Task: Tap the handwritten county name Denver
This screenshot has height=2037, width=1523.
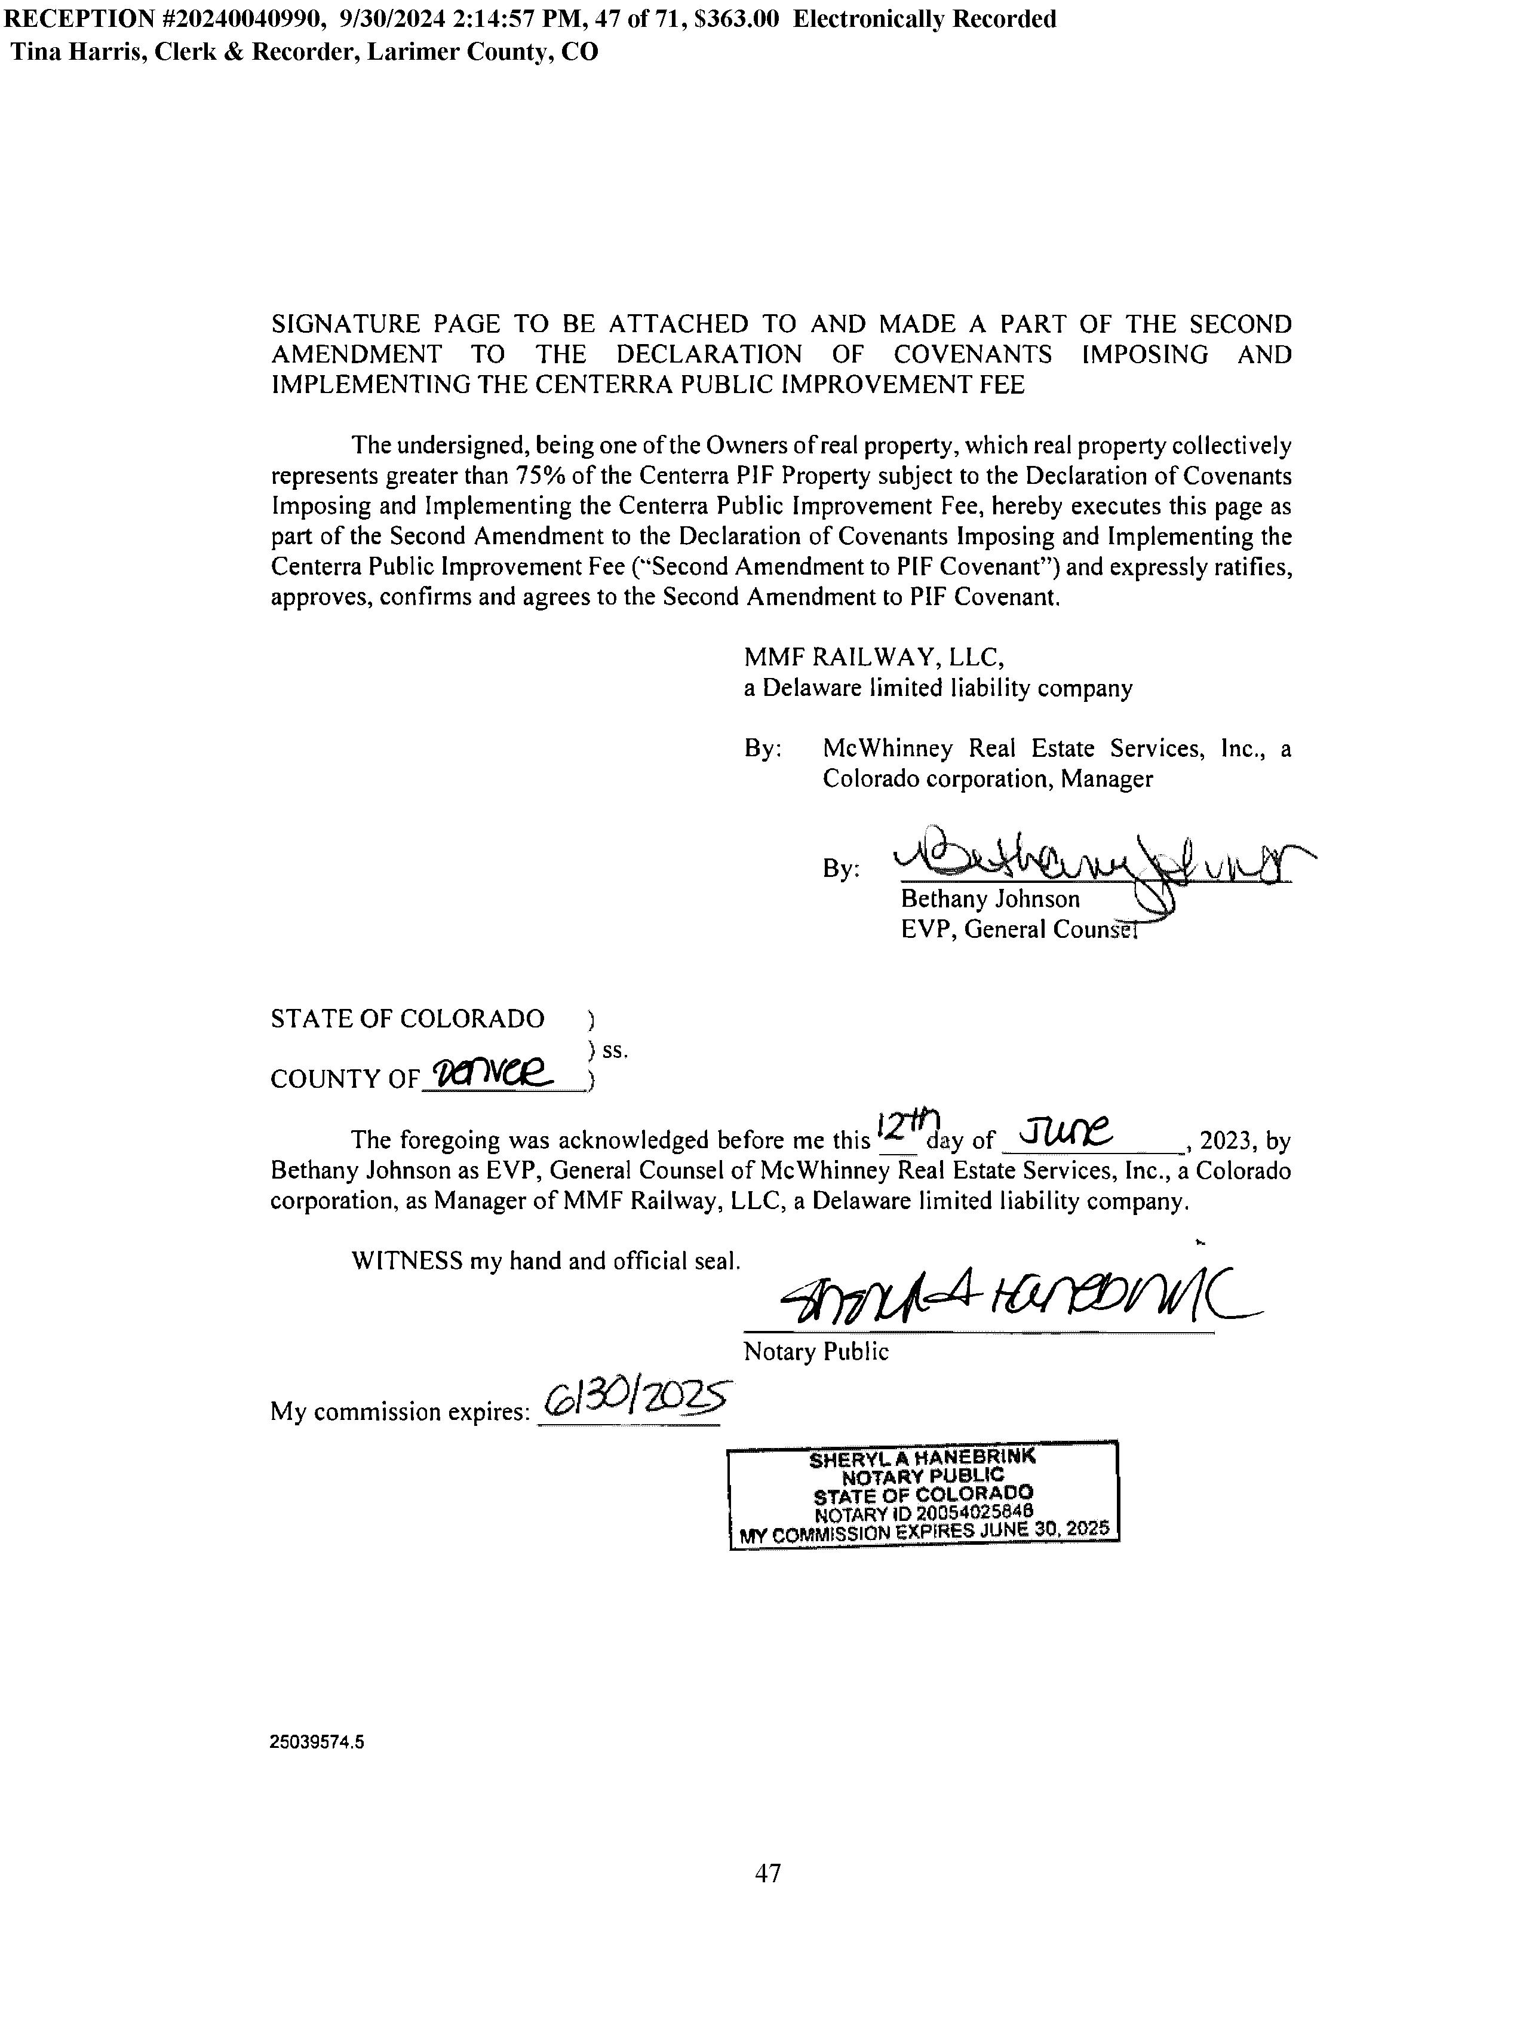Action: pos(505,1070)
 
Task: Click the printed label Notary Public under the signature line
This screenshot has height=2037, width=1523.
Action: pos(816,1352)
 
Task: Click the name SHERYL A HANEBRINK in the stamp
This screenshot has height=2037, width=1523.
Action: pos(922,1459)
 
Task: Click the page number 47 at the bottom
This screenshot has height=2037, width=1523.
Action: pos(768,1873)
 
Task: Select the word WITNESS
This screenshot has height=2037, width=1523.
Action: pos(406,1260)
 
